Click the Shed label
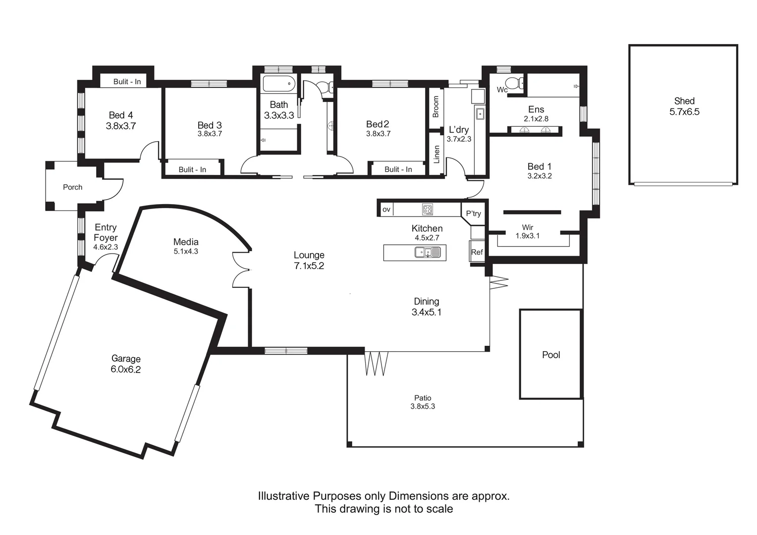click(x=684, y=101)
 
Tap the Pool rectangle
click(x=550, y=354)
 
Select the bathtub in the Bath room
click(x=279, y=84)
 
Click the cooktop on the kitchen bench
click(x=428, y=209)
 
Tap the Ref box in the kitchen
click(x=477, y=252)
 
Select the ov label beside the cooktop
click(x=386, y=210)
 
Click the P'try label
click(x=473, y=214)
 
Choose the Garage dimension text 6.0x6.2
click(x=126, y=370)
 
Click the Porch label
click(x=72, y=187)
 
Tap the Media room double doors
click(x=241, y=268)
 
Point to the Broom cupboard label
click(x=436, y=107)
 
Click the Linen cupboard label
click(x=436, y=154)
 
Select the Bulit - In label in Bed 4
click(x=127, y=82)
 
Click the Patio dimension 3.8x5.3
click(x=423, y=407)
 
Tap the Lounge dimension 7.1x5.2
click(x=309, y=266)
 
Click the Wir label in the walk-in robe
click(x=527, y=227)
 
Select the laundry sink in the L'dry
click(x=480, y=114)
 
